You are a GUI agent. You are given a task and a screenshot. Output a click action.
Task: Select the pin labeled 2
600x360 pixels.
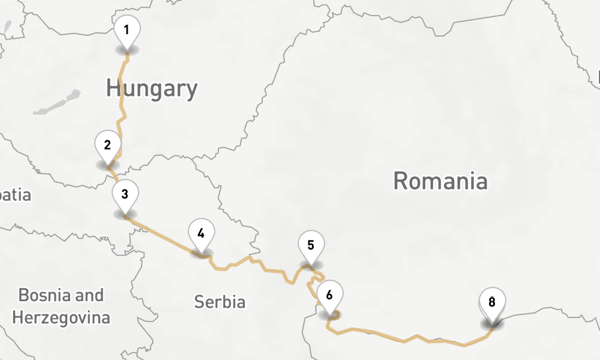coord(107,146)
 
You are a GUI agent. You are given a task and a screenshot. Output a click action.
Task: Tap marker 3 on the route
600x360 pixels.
coord(125,195)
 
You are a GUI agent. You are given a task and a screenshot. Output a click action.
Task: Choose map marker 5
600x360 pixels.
coord(311,245)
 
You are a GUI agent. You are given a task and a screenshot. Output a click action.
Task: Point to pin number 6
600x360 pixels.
coord(329,295)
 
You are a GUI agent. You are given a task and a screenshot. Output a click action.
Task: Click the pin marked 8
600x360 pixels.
coord(492,302)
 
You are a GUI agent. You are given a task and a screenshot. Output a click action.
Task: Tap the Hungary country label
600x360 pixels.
coord(152,89)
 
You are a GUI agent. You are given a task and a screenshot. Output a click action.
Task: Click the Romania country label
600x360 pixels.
coord(440,181)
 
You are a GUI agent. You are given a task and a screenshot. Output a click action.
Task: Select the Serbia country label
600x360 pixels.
coord(220,302)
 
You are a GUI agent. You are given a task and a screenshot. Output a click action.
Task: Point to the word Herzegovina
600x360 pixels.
coord(61,317)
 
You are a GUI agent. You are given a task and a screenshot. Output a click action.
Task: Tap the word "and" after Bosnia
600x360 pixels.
coord(91,295)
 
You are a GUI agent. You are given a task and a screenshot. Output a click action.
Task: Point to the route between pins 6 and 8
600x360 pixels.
coord(408,340)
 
